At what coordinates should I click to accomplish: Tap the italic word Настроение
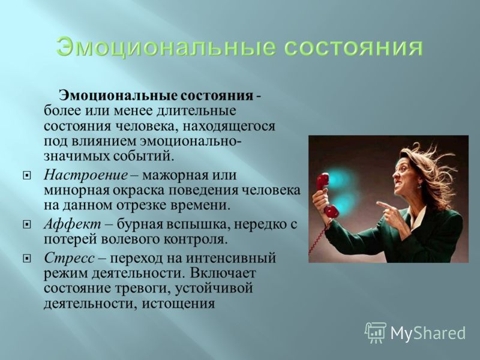coord(86,175)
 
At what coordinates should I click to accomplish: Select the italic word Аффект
coord(72,224)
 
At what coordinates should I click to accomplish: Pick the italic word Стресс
coord(69,259)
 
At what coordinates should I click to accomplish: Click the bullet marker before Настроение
coord(27,176)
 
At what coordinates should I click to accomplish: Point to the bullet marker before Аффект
coord(27,225)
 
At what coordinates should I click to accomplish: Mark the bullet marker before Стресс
coord(27,259)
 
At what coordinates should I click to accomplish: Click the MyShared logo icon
coord(376,333)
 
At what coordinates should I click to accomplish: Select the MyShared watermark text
coord(428,333)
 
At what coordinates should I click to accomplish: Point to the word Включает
coord(223,273)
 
